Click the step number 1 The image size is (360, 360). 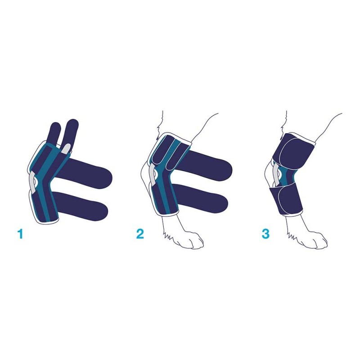[x=21, y=234]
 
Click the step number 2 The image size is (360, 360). [x=140, y=234]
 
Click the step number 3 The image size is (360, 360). [x=265, y=234]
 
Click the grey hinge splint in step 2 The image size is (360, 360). [x=153, y=176]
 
